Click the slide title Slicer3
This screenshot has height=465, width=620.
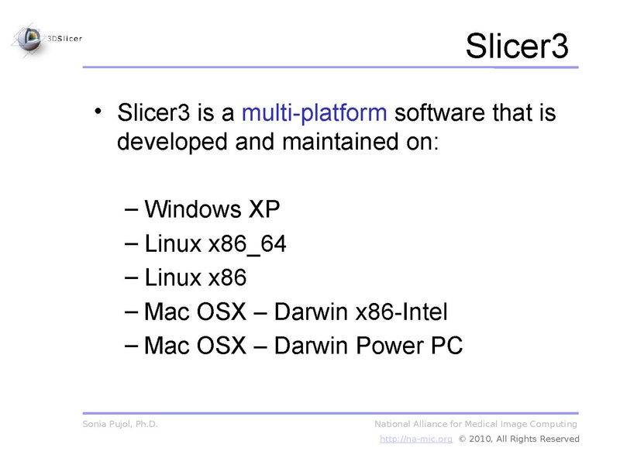pos(517,47)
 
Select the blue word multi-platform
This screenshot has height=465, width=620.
pos(314,113)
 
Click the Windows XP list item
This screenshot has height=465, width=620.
pos(211,209)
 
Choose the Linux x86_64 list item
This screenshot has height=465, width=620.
pos(215,244)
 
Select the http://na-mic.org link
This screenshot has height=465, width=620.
pos(415,439)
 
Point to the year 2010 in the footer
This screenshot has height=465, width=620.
pos(483,439)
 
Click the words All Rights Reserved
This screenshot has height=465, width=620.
pos(540,439)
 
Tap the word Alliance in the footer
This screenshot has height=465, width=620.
pos(438,424)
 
